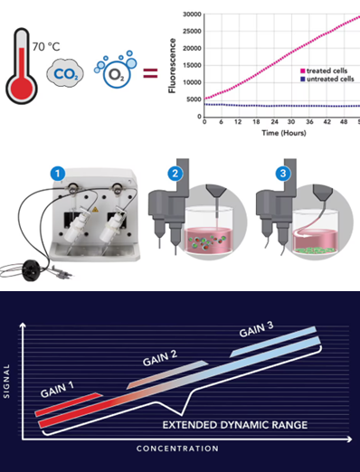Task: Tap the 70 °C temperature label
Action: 46,47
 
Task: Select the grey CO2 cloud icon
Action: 65,73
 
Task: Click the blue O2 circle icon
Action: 117,74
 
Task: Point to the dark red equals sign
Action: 150,73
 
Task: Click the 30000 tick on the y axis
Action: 192,14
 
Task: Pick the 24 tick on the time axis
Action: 274,122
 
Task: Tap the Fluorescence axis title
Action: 172,66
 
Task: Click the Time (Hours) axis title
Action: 284,133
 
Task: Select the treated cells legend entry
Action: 324,71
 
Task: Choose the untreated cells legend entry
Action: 327,79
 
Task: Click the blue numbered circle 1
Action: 58,174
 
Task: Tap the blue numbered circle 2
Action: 175,174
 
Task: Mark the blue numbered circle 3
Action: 283,174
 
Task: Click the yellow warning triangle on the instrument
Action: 95,210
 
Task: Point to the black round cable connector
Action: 31,270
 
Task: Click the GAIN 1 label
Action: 57,390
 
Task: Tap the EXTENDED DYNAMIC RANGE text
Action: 235,425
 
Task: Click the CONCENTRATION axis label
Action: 177,448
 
